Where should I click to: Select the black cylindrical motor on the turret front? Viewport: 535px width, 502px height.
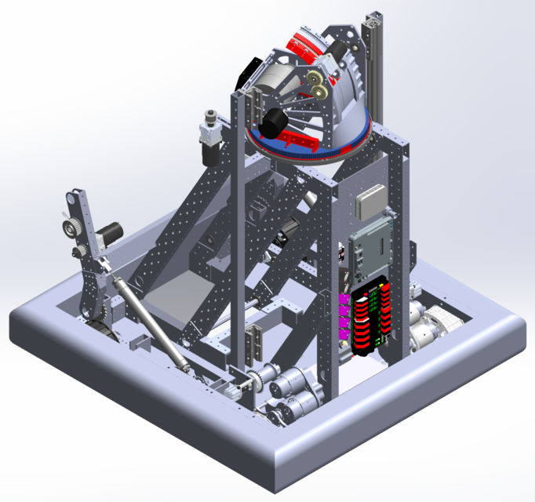(277, 122)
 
